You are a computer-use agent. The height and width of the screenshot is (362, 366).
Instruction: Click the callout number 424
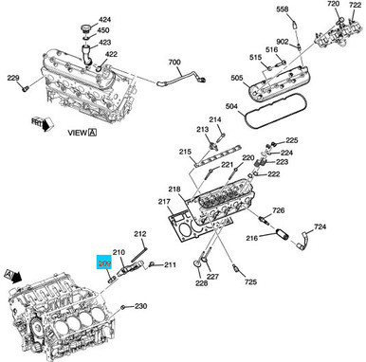pyautogui.click(x=104, y=19)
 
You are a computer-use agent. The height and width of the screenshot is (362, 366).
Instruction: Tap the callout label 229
pyautogui.click(x=13, y=78)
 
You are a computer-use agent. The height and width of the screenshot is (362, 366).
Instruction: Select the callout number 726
pyautogui.click(x=279, y=210)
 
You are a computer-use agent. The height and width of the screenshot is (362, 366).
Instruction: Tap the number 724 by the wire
pyautogui.click(x=320, y=227)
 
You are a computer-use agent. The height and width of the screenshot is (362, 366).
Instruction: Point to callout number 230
pyautogui.click(x=140, y=306)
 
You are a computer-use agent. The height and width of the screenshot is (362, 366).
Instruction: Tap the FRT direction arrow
pyautogui.click(x=39, y=121)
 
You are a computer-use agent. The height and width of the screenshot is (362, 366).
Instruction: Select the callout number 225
pyautogui.click(x=292, y=140)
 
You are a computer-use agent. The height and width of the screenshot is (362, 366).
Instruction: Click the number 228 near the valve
pyautogui.click(x=200, y=283)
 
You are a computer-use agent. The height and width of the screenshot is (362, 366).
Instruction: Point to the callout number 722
pyautogui.click(x=355, y=7)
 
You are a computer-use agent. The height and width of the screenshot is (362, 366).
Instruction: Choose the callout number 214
pyautogui.click(x=215, y=119)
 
